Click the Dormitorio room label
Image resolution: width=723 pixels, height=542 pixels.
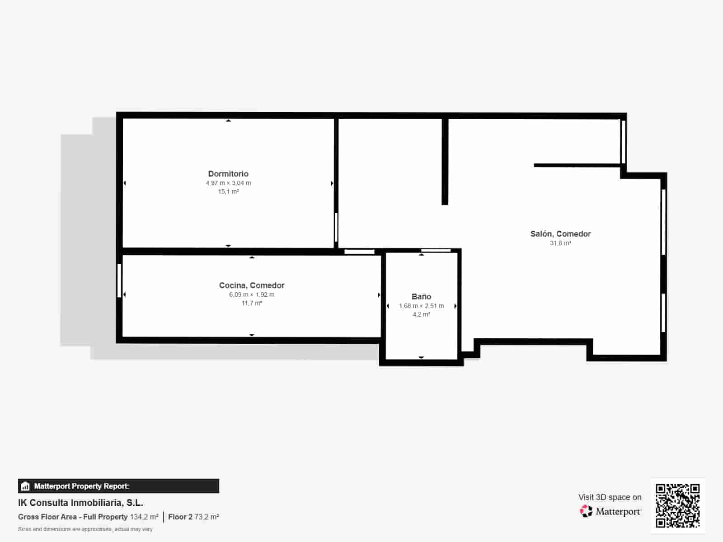click(228, 174)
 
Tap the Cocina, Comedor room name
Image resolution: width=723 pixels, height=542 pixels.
click(252, 285)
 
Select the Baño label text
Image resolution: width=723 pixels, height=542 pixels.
click(421, 297)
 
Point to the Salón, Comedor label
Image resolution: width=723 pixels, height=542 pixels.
click(560, 234)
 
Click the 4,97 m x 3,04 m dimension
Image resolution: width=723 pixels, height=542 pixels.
click(228, 183)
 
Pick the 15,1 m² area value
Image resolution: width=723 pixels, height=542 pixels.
click(228, 192)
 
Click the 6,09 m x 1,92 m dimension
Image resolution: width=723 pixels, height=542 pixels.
click(252, 294)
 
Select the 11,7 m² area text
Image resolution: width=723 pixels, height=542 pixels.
click(252, 303)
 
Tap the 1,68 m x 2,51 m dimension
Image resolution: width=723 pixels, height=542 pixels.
click(421, 306)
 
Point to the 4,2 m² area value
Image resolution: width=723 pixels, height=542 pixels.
click(421, 314)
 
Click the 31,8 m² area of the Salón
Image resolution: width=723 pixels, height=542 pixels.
click(560, 243)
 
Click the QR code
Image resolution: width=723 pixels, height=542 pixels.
click(677, 505)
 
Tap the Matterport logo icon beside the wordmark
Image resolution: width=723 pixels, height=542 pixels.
click(586, 511)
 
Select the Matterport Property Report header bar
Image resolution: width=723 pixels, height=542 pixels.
click(118, 486)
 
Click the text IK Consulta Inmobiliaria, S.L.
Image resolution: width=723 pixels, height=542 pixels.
click(80, 503)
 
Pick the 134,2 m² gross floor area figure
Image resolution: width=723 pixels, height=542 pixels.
click(144, 517)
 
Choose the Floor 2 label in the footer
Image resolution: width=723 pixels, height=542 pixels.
click(180, 517)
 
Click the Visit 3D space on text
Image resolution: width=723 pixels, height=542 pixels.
click(610, 497)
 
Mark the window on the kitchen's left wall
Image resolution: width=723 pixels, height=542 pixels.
click(119, 280)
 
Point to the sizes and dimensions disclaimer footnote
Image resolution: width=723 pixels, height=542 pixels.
click(85, 529)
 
